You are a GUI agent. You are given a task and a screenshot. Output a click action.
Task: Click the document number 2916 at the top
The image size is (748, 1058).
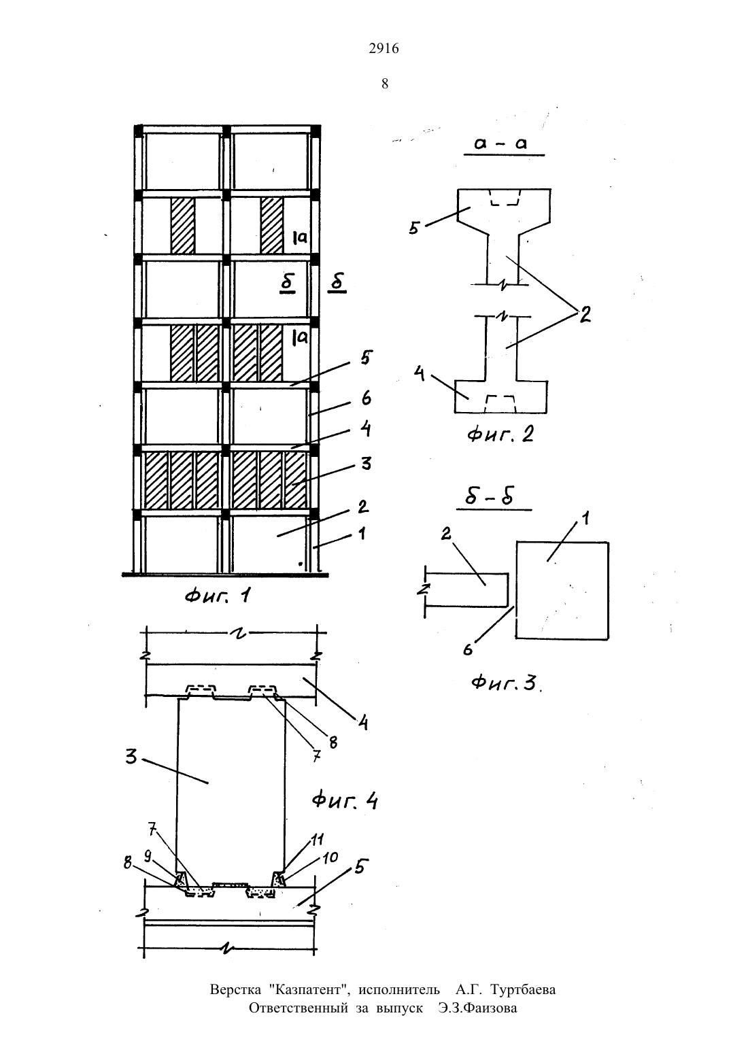coord(384,48)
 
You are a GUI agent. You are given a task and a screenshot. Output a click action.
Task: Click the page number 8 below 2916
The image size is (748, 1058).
coord(384,84)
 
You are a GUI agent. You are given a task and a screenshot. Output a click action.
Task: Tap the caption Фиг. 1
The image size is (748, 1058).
coord(218,596)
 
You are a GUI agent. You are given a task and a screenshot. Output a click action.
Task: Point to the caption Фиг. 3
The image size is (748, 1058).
coord(505,683)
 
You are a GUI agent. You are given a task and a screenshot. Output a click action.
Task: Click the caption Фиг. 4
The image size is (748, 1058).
coord(345,801)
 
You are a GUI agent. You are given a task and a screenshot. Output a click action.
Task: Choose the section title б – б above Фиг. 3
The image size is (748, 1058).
coord(489,497)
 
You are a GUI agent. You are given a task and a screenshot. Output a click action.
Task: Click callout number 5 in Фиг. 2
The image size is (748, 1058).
coord(415,228)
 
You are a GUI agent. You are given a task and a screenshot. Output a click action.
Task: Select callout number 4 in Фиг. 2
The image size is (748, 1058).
coord(420,375)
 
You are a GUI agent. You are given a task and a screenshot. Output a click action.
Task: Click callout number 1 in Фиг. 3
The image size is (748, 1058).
coord(585,519)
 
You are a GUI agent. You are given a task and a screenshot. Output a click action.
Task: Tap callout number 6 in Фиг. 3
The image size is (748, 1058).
coord(467,649)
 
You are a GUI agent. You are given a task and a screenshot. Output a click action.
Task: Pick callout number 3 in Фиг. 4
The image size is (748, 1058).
coord(131,757)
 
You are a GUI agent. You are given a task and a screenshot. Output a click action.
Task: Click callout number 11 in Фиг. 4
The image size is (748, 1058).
coord(317,839)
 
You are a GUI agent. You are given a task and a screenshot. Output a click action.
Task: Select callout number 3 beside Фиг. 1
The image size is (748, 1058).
coord(366,463)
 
